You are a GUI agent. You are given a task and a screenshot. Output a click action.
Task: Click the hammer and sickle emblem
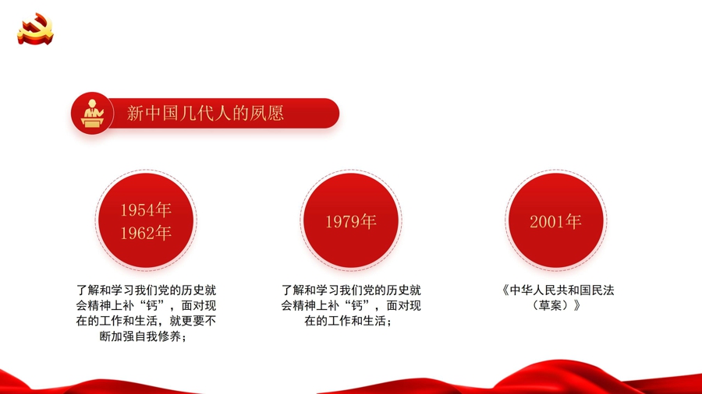pos(35,29)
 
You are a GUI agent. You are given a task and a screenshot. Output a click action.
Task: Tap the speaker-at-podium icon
pos(92,114)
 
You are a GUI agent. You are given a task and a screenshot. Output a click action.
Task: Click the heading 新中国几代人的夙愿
pos(205,114)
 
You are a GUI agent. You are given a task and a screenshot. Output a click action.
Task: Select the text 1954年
pos(146,210)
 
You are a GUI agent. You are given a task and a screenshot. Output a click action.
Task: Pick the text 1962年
pos(146,233)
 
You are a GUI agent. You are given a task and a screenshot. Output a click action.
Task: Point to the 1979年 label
pos(351,222)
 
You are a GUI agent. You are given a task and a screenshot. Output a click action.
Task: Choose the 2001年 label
pos(555,222)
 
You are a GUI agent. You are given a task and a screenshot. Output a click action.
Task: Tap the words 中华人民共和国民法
pos(562,290)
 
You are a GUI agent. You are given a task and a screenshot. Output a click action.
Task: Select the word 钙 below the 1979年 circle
pos(357,305)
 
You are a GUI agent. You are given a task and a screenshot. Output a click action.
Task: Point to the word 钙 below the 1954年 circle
pos(152,305)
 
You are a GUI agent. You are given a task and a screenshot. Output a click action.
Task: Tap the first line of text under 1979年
pos(351,290)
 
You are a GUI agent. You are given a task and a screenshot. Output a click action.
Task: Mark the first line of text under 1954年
pos(146,290)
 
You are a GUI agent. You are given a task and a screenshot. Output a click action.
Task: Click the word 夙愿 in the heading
pos(267,114)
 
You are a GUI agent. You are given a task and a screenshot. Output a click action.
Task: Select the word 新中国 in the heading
pos(152,114)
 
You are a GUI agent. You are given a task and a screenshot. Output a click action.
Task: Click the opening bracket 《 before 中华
pos(505,290)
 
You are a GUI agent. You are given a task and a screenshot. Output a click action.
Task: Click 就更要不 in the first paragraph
pos(193,321)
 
